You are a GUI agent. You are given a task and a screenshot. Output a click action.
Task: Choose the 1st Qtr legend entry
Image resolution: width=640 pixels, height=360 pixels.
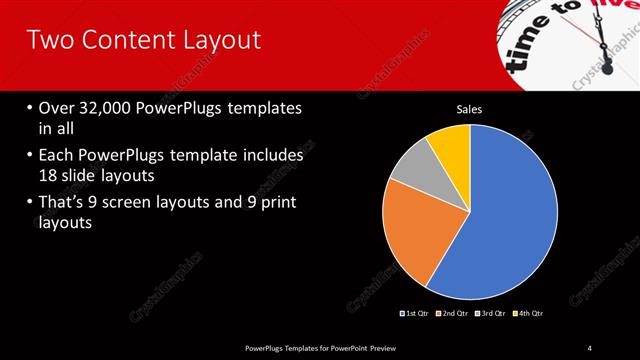tap(415, 313)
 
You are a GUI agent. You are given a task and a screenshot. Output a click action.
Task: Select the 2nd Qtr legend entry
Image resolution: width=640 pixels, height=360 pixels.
tap(454, 313)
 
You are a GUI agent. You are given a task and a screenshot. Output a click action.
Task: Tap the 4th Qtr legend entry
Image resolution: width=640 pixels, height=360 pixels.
tap(529, 313)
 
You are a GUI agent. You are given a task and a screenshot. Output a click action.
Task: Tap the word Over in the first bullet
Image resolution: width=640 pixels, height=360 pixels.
tap(59, 108)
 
